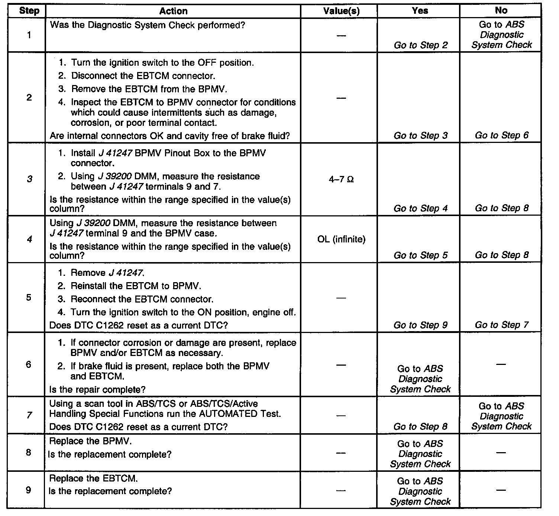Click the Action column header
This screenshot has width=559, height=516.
[173, 11]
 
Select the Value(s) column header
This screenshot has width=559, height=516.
[341, 11]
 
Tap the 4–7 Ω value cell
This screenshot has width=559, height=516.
[341, 180]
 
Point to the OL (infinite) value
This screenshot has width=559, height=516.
[341, 239]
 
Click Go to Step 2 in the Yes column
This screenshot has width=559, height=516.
[420, 45]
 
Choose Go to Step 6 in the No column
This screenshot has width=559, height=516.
[501, 135]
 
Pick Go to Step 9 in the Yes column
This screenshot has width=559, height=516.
[420, 325]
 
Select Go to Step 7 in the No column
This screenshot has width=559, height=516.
[501, 325]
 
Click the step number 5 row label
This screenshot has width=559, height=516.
[29, 298]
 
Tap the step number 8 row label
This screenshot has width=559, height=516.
[29, 453]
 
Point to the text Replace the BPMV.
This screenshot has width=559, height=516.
[90, 441]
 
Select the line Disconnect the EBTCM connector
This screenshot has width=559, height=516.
[143, 76]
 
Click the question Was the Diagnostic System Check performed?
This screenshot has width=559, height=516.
[147, 25]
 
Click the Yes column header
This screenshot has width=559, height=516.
[420, 11]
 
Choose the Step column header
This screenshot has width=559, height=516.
[29, 10]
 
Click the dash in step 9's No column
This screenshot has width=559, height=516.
[501, 490]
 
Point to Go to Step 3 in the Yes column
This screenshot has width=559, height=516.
[420, 135]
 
